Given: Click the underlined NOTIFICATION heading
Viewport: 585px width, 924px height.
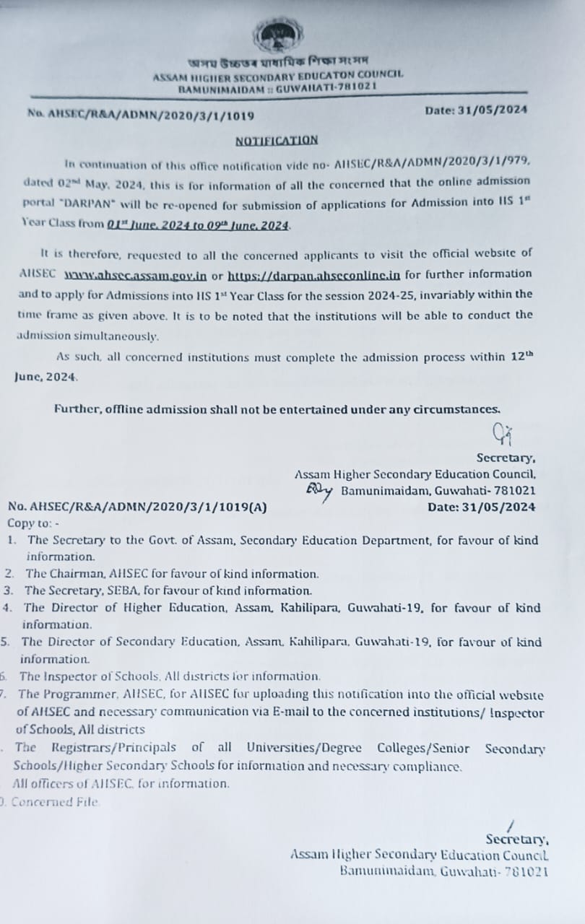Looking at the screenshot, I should (x=277, y=140).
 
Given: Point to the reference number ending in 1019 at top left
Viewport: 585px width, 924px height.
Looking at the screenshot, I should (x=140, y=114).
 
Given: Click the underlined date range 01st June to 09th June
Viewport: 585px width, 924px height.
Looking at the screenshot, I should (x=199, y=225).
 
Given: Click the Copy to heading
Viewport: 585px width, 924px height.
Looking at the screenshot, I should (x=33, y=523).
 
